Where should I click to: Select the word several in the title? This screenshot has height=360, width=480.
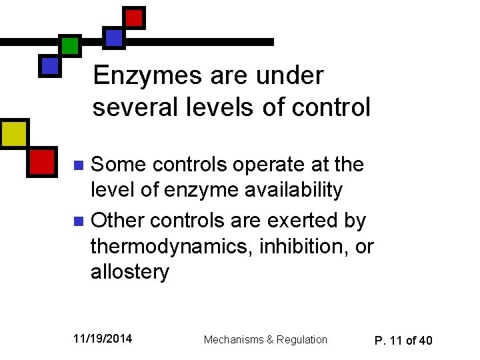[x=132, y=107]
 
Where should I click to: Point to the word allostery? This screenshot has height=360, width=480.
[x=130, y=273]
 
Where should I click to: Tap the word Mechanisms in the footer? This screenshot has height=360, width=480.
[x=233, y=340]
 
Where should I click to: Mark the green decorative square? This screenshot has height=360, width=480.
[x=69, y=45]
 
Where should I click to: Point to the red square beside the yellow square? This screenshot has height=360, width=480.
[x=42, y=161]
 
